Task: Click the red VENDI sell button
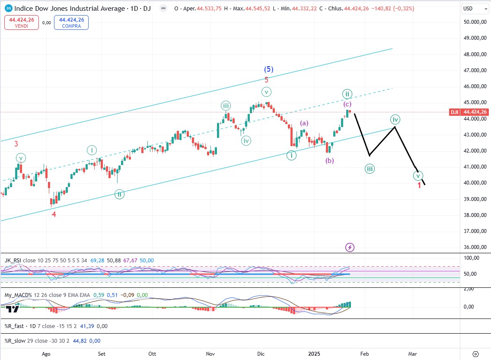pos(22,22)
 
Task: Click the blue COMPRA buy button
pos(71,22)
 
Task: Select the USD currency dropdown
pos(473,8)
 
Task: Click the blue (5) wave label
pos(268,69)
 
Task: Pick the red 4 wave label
pos(54,214)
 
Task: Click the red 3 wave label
pos(16,144)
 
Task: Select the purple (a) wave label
pos(304,123)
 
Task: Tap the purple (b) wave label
pos(330,161)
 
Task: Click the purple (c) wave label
pos(348,104)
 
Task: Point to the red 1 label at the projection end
pos(419,185)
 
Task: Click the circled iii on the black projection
pos(370,169)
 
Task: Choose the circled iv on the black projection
pos(395,119)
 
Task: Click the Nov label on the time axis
pos(210,353)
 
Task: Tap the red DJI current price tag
pos(454,112)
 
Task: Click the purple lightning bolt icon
pos(350,247)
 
